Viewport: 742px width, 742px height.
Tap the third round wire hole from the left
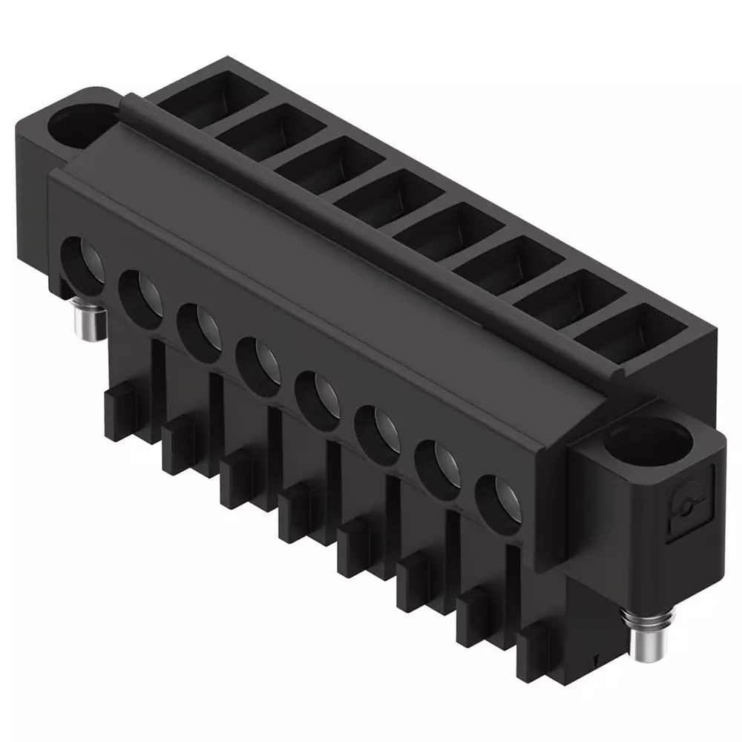coord(199,325)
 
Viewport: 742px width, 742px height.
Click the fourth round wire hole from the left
coord(258,359)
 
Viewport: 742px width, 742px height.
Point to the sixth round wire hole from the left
coord(377,427)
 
